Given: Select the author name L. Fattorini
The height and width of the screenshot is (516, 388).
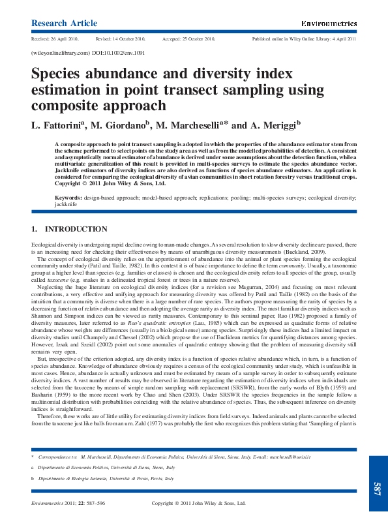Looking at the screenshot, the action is pyautogui.click(x=58, y=125).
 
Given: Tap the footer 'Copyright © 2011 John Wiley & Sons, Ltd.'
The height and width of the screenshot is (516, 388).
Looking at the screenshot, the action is pyautogui.click(x=199, y=503).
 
